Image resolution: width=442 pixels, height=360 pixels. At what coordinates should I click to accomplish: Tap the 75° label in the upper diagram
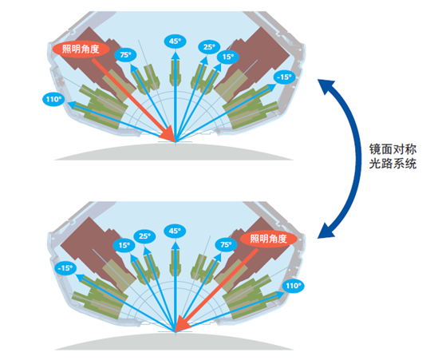tap(125, 54)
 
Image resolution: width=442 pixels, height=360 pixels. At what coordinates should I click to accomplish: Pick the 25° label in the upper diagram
tap(209, 47)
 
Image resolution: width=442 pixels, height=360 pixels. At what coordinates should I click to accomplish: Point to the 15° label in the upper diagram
tap(229, 57)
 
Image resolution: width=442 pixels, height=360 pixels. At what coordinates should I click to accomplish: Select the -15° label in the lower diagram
tap(66, 269)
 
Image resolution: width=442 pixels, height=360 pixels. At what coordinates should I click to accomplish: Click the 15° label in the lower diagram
tap(124, 246)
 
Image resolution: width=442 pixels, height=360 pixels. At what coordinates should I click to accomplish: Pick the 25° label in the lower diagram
tap(144, 237)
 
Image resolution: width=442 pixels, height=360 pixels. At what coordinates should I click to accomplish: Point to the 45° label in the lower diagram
tap(175, 231)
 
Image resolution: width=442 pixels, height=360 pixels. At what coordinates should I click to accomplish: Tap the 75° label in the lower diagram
tap(225, 245)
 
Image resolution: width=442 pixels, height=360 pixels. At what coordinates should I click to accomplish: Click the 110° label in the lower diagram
tap(294, 286)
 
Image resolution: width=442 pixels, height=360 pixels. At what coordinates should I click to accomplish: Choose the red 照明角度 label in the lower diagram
tap(271, 238)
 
